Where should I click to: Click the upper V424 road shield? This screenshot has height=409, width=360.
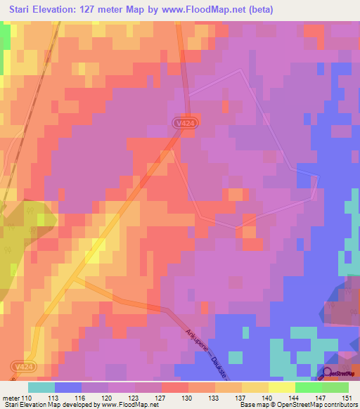click(184, 123)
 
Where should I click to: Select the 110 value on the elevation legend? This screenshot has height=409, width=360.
click(27, 397)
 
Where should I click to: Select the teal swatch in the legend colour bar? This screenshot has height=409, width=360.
click(41, 387)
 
